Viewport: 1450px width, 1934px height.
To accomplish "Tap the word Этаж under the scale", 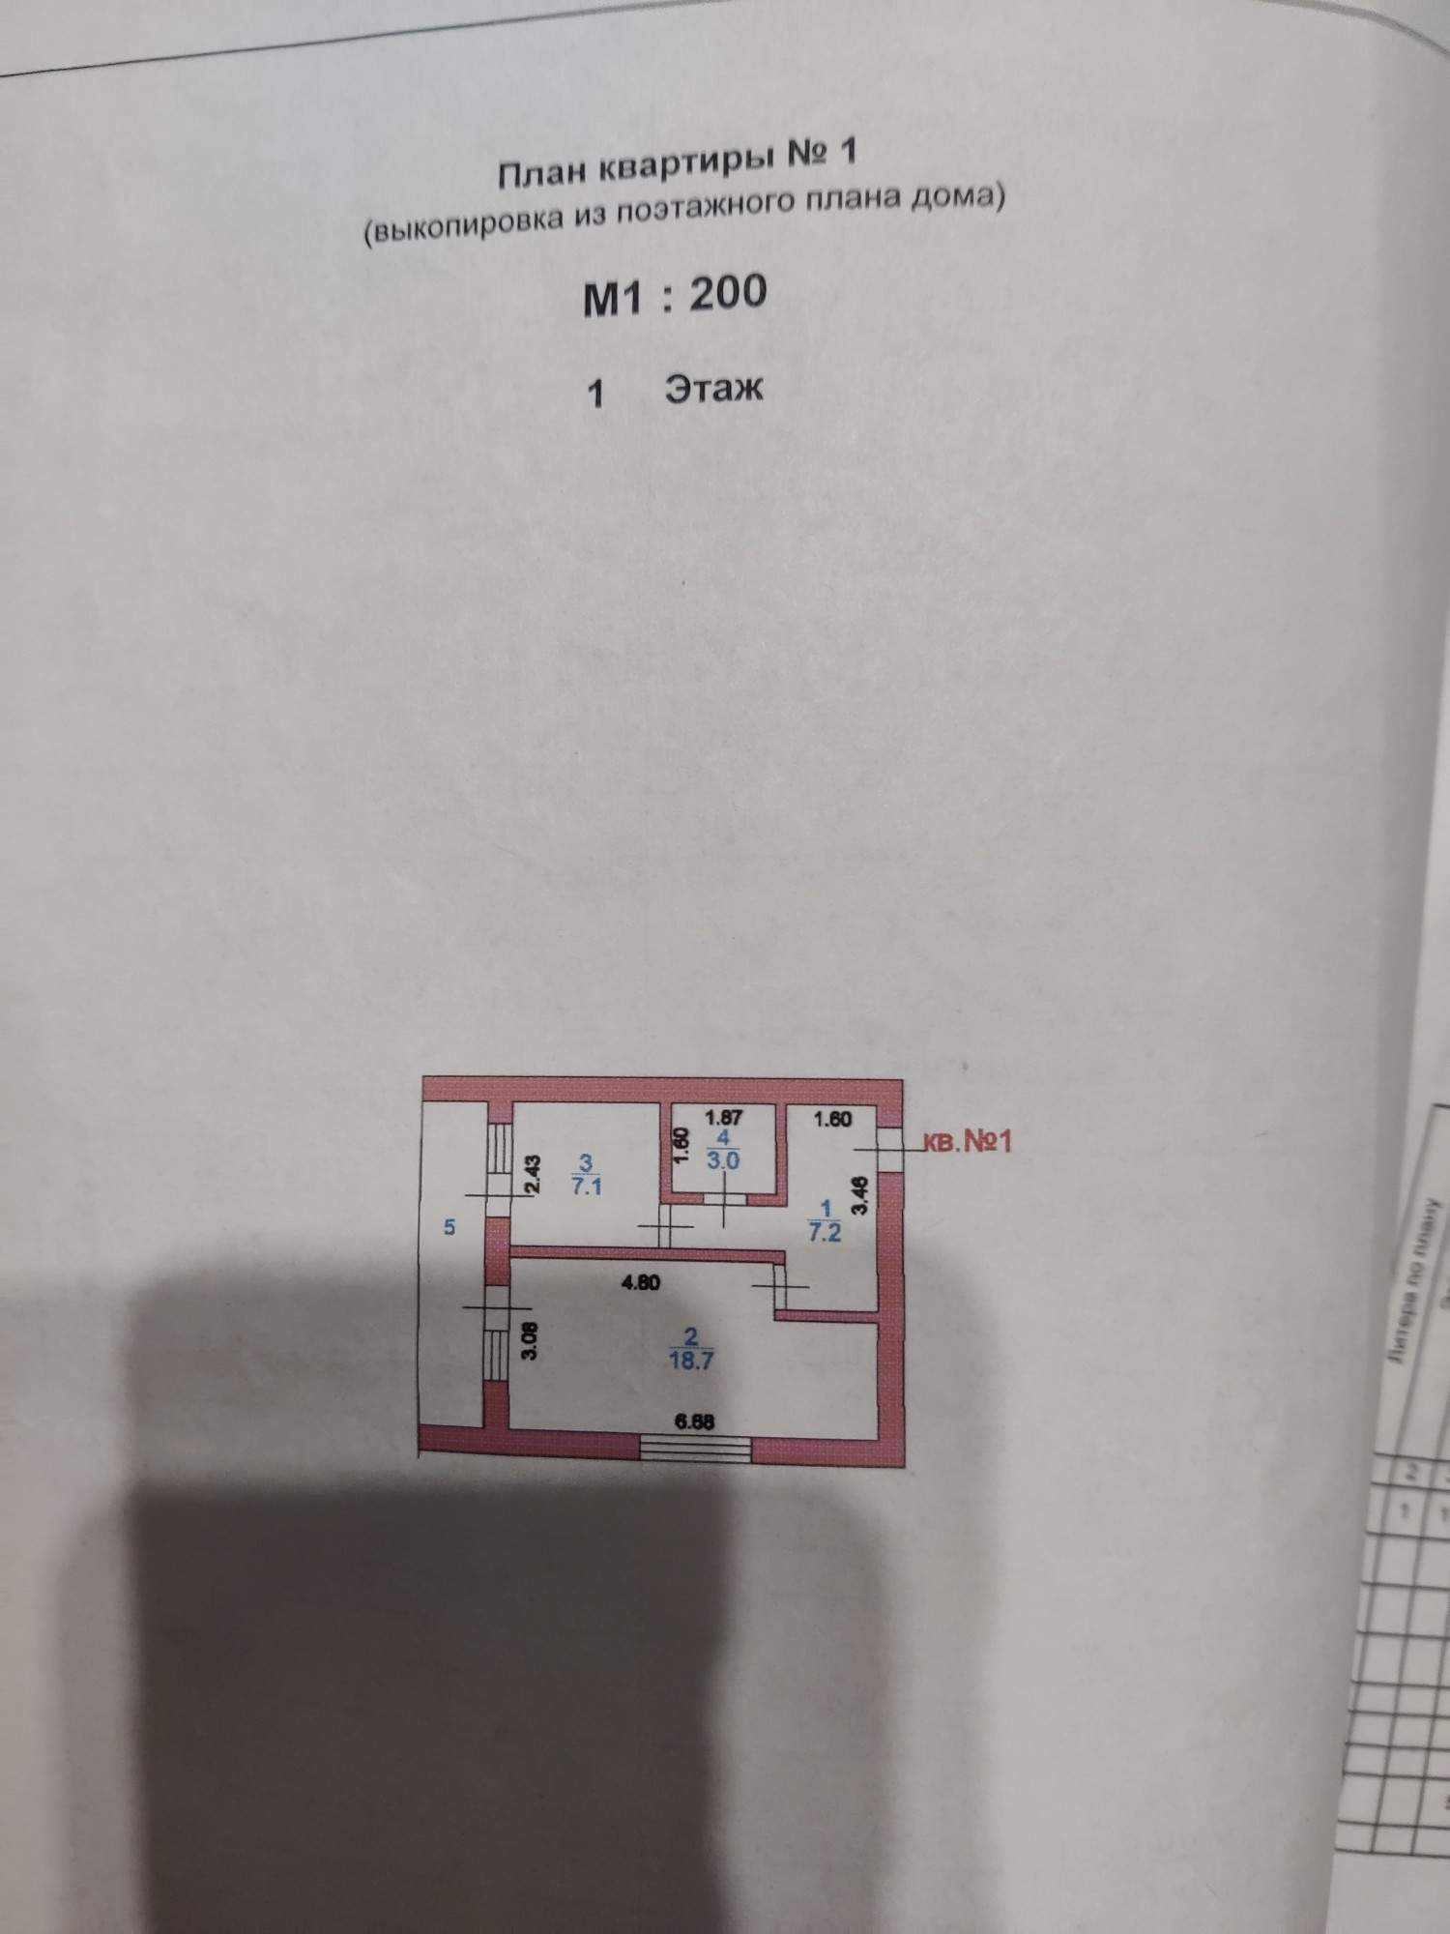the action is [x=713, y=388].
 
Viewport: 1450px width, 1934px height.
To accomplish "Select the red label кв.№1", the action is [x=968, y=1141].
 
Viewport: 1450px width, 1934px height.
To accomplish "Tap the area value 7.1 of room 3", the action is [x=587, y=1187].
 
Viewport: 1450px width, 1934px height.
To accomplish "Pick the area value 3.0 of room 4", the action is [x=723, y=1160].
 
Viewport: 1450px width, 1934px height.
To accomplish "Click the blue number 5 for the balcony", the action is [x=449, y=1227].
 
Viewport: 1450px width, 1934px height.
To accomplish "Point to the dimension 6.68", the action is [x=695, y=1421].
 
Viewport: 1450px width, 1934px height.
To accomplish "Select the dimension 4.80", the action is [x=639, y=1284].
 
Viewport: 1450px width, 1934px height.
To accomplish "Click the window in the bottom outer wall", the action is [x=695, y=1448].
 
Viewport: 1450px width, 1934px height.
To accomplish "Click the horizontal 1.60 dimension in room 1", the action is [x=832, y=1120].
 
